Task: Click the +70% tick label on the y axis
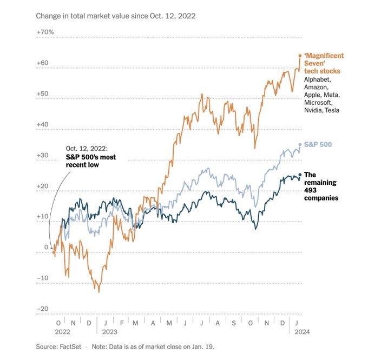tap(44, 32)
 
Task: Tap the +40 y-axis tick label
tap(42, 124)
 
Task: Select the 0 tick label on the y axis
tap(47, 248)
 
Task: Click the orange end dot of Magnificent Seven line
tap(300, 55)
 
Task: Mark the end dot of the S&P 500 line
tap(300, 144)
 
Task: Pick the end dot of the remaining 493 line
tap(300, 175)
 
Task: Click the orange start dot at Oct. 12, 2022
tap(54, 252)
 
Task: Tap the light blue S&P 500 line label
tap(318, 144)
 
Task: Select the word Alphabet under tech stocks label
tap(317, 79)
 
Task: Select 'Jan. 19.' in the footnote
tap(207, 346)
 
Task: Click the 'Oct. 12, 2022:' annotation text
tap(87, 148)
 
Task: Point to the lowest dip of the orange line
tap(99, 292)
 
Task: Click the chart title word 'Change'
tap(49, 16)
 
